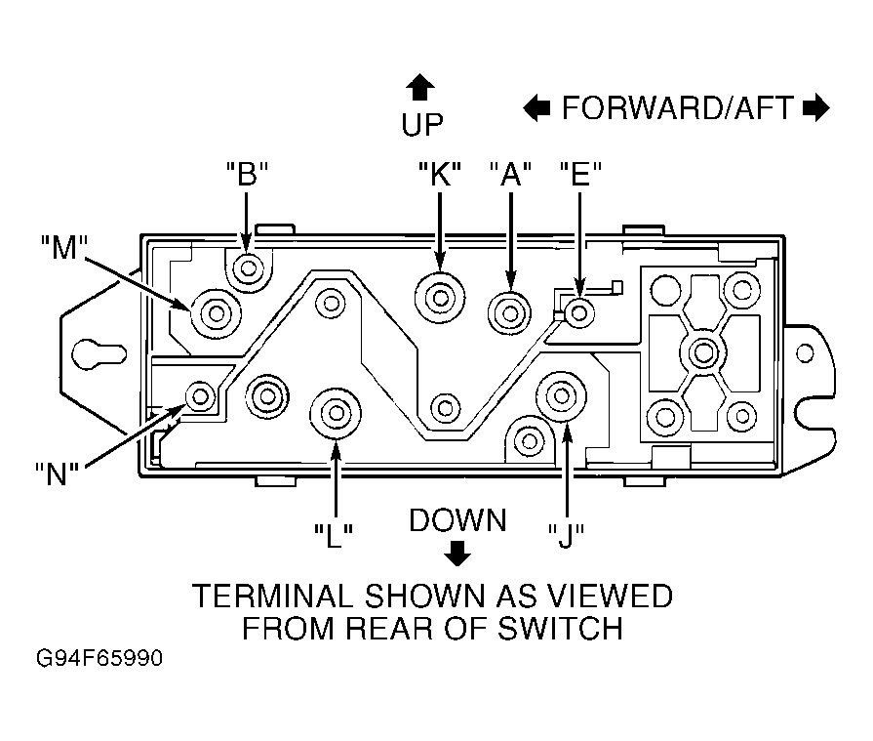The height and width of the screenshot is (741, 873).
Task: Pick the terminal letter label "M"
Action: tap(64, 247)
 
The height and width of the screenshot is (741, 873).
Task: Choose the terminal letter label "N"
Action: tap(57, 474)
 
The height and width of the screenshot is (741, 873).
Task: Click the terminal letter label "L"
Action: tap(334, 536)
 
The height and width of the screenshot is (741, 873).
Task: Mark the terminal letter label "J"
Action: tap(566, 536)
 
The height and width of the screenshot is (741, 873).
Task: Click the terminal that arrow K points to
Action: tap(440, 298)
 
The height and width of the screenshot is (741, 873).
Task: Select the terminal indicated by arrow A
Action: tap(510, 313)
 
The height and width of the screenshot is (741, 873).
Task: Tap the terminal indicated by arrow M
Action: tap(216, 313)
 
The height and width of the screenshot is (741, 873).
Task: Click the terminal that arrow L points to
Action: tap(336, 413)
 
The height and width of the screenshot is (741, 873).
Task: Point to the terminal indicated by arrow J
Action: tap(561, 396)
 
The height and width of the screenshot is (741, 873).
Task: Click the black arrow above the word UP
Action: tap(420, 88)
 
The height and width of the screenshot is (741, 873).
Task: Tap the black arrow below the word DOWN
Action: tap(457, 554)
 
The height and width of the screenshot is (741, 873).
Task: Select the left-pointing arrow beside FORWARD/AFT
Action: tap(536, 107)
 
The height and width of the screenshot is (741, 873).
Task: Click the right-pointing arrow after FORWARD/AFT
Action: tap(816, 107)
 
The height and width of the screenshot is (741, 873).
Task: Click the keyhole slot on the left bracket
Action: tap(99, 353)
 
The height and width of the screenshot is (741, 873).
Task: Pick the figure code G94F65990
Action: tap(99, 658)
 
